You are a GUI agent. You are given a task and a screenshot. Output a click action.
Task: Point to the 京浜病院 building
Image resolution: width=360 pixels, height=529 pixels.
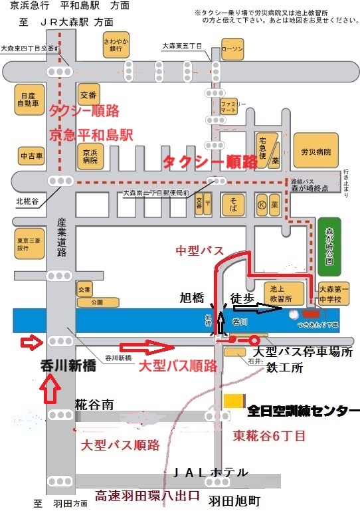point(90,157)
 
